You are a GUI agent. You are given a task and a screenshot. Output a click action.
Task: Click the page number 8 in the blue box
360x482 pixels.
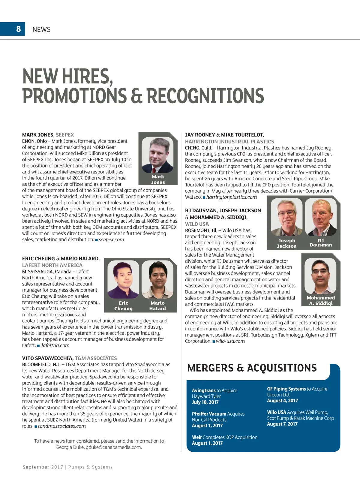click(18, 29)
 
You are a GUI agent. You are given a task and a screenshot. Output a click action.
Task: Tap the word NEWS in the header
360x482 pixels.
click(41, 29)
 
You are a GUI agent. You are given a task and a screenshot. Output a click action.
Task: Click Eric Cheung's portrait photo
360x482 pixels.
click(123, 279)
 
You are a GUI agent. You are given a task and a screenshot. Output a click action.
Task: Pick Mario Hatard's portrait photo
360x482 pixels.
click(158, 279)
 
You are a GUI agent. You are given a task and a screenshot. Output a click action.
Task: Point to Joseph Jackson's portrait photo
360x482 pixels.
click(286, 217)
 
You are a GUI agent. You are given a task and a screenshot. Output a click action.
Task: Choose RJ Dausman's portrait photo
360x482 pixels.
click(320, 217)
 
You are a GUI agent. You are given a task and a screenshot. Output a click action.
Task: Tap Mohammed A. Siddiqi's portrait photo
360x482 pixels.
click(320, 276)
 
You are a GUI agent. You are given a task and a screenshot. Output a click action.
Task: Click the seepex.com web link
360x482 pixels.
click(111, 239)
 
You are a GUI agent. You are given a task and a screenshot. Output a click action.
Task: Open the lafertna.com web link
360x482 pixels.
click(55, 345)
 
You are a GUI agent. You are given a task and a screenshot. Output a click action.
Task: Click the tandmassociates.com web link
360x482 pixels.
click(62, 426)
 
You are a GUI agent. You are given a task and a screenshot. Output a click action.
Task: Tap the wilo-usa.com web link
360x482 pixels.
click(230, 341)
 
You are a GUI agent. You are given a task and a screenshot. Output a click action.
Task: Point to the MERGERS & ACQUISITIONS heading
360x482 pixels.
click(252, 368)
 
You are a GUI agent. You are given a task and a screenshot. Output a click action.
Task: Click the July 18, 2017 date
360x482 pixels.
click(205, 402)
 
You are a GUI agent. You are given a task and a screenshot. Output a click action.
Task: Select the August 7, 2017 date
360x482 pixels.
click(282, 424)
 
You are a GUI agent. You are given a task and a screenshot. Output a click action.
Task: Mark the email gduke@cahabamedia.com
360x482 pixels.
click(114, 447)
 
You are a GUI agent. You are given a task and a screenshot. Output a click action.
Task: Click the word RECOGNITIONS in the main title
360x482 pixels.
click(205, 96)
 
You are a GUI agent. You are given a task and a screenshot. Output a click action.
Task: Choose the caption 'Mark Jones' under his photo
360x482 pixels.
click(158, 179)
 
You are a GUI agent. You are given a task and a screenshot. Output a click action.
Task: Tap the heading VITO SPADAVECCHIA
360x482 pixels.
click(48, 358)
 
